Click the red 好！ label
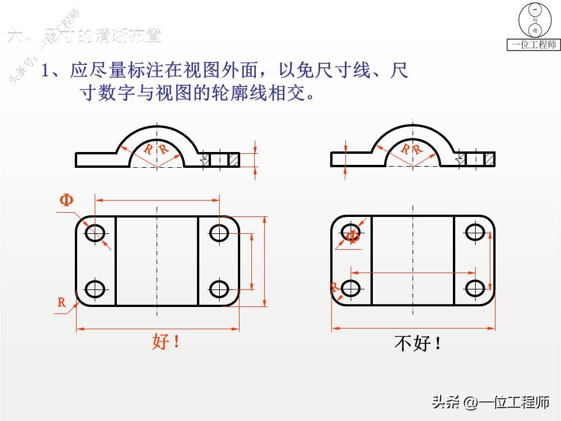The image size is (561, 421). [165, 341]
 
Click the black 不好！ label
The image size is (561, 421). [418, 344]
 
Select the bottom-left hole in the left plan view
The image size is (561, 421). [95, 288]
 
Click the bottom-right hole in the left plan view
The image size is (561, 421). [219, 288]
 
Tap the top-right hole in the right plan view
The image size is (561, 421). [475, 233]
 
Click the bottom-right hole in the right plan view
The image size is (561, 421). [475, 288]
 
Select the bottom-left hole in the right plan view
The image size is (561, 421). [351, 288]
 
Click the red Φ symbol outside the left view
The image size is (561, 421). [67, 201]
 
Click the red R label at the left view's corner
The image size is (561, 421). [61, 302]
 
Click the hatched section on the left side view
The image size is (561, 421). [234, 159]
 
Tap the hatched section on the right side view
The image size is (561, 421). [489, 158]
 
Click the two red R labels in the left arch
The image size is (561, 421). [156, 149]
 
